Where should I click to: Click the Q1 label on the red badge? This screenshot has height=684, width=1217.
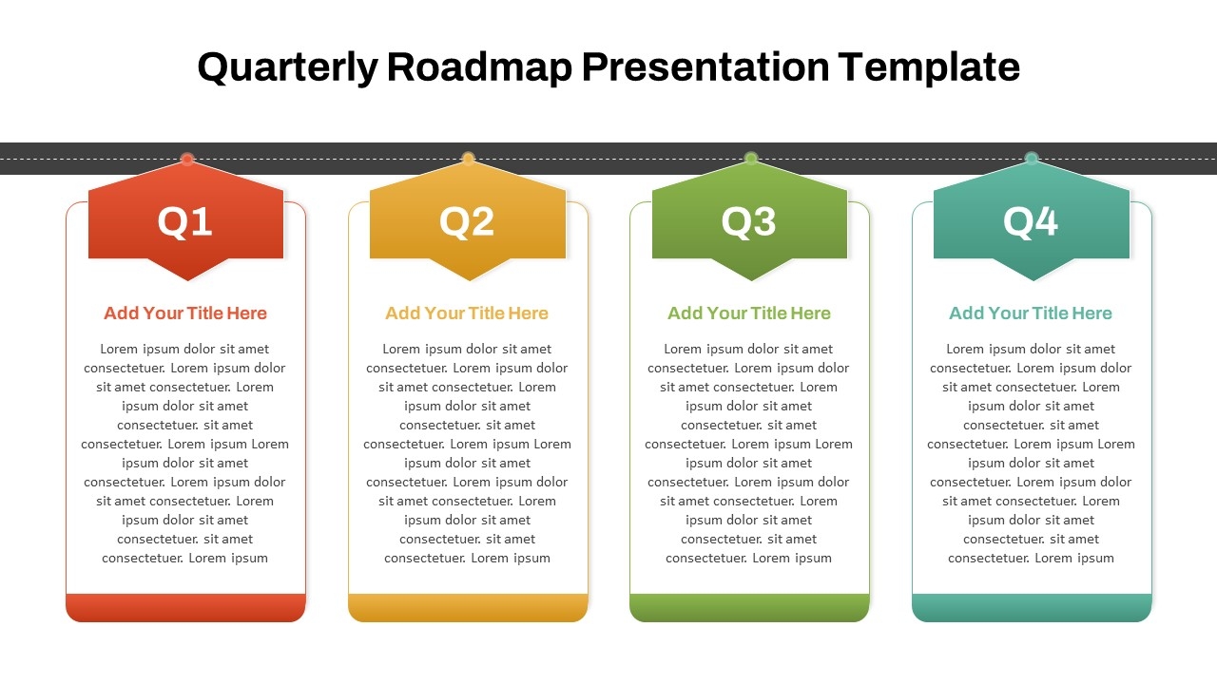184,221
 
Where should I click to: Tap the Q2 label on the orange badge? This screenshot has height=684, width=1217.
467,221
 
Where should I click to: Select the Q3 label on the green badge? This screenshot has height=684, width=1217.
748,221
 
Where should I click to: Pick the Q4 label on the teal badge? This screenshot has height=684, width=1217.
1031,221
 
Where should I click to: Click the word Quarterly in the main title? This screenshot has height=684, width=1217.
287,68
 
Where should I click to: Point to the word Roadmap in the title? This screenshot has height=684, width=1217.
480,66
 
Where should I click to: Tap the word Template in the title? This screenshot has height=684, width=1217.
929,68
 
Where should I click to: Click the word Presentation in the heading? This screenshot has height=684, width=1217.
705,66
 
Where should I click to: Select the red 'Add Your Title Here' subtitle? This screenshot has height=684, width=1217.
185,313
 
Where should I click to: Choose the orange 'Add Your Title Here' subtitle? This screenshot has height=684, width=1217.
467,313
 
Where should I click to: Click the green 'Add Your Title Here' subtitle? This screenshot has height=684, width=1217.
748,313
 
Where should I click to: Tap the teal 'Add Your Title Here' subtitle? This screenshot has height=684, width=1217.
1031,313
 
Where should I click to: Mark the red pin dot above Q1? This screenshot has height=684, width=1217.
187,159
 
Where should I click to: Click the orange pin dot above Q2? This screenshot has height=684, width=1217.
469,159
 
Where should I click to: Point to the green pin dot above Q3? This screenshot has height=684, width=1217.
751,159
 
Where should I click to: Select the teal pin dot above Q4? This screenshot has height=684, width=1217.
1032,159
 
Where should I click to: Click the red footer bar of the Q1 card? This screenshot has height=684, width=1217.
185,607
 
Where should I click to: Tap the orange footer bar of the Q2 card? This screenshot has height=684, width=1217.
468,607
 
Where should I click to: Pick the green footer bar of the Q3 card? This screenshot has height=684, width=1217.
749,607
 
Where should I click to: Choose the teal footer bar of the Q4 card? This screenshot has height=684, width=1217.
1032,607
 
